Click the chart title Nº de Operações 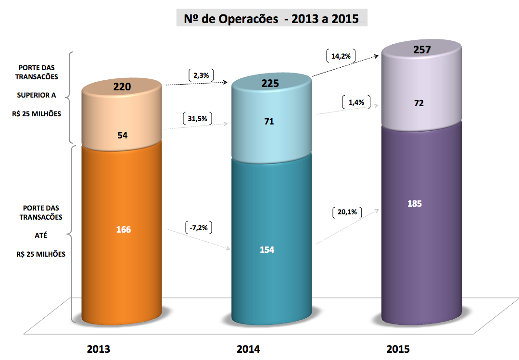tap(271, 19)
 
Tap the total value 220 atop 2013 tap(122, 87)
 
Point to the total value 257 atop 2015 tap(421, 50)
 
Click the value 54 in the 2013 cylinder tap(122, 136)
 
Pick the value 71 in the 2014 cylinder tap(269, 122)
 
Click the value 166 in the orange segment tap(123, 229)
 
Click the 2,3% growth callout tap(201, 75)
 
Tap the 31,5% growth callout tap(197, 119)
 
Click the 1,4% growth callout tap(356, 102)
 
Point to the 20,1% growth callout tap(347, 213)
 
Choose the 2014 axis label tap(248, 349)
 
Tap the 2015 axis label tap(398, 348)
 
